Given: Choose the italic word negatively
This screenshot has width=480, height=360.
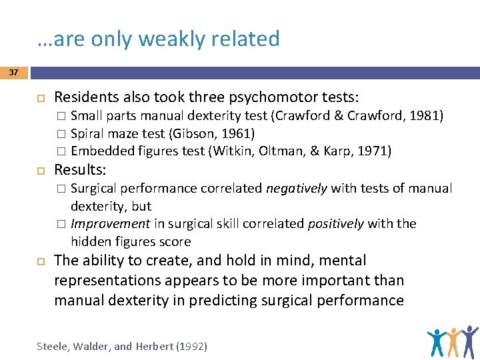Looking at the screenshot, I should (x=297, y=189).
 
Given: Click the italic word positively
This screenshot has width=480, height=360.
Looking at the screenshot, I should (x=337, y=223).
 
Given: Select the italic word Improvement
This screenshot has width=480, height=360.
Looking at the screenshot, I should (x=110, y=223).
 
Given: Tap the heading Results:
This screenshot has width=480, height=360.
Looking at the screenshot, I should (x=81, y=168).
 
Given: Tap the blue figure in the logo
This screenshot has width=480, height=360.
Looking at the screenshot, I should (x=437, y=342).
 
